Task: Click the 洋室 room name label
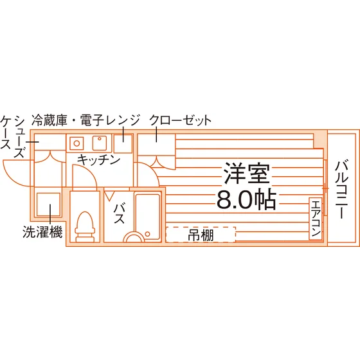tap(247, 174)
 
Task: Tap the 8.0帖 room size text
tap(246, 199)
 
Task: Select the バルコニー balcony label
tap(342, 190)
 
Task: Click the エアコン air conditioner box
tap(316, 219)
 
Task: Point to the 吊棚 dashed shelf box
tap(201, 235)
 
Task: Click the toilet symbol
tap(85, 227)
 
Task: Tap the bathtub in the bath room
tap(148, 217)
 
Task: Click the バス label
tap(120, 213)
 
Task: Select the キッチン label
tap(99, 160)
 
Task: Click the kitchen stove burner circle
tap(76, 143)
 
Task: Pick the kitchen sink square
tap(100, 143)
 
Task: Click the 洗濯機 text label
tap(42, 231)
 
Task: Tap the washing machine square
tap(48, 204)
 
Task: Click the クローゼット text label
tap(180, 120)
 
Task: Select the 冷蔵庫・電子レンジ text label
tap(85, 120)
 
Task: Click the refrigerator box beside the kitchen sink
tap(123, 144)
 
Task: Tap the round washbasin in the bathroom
tap(134, 236)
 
